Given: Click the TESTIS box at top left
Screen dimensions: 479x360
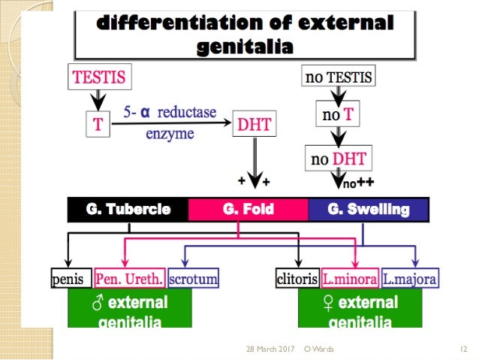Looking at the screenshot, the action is pyautogui.click(x=98, y=76).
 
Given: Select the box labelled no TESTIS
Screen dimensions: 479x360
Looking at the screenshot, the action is pyautogui.click(x=338, y=76).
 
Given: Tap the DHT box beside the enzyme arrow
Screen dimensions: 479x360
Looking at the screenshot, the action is pyautogui.click(x=257, y=126).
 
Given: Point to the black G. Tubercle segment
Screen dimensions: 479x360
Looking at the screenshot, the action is pyautogui.click(x=128, y=209).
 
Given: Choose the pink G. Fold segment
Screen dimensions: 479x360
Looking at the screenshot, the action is pyautogui.click(x=248, y=209).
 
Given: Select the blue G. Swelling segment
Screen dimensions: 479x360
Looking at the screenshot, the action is pyautogui.click(x=368, y=209).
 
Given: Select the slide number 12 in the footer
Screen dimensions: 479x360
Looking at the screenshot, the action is pyautogui.click(x=463, y=349).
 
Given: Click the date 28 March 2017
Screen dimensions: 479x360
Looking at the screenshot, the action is pyautogui.click(x=270, y=349).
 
